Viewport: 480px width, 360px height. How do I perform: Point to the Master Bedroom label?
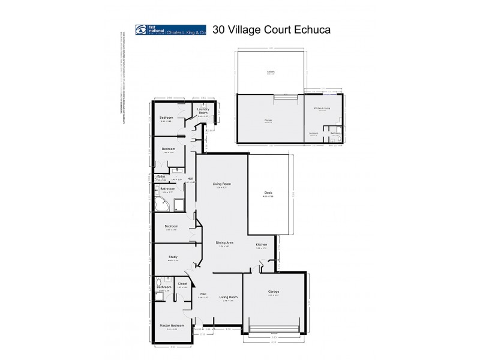coord(172,325)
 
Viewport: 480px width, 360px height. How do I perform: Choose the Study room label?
coord(173,257)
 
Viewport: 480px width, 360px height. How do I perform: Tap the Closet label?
coord(182,284)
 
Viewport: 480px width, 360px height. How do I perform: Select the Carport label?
coord(271,72)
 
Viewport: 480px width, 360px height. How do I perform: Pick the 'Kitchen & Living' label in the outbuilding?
coord(322,107)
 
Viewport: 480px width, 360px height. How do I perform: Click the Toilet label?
coord(161,176)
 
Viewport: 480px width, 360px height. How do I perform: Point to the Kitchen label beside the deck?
coord(262,245)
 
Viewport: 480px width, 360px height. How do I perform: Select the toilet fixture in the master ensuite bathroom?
coord(157,281)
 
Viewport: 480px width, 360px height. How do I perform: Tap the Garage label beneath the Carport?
coord(268,120)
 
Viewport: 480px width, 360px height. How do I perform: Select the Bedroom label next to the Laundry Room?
coord(166,117)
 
